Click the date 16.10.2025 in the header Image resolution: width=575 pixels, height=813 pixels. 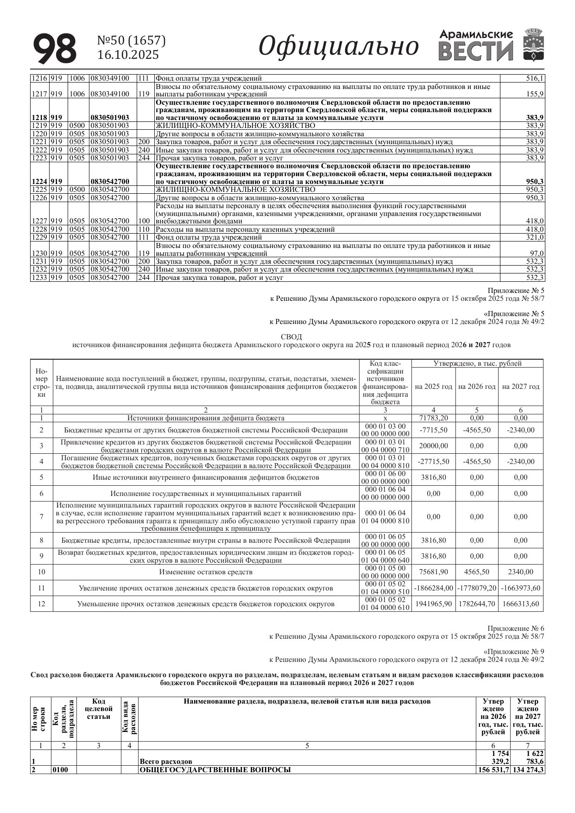(x=128, y=55)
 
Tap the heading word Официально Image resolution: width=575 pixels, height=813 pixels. (x=338, y=46)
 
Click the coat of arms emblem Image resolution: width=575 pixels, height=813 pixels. (x=534, y=45)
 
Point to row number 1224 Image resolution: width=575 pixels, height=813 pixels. (x=39, y=182)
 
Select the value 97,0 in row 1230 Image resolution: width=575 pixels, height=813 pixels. (x=537, y=254)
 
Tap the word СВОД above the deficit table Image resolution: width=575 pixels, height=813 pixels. (x=291, y=337)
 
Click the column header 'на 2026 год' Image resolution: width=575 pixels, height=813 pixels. (x=477, y=387)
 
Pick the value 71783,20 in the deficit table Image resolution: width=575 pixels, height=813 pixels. (x=433, y=418)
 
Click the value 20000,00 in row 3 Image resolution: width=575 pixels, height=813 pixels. (x=433, y=446)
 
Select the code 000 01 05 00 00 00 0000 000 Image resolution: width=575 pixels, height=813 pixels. (x=385, y=572)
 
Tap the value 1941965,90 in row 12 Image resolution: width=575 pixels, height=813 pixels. (x=433, y=604)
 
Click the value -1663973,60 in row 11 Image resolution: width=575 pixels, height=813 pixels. (x=520, y=588)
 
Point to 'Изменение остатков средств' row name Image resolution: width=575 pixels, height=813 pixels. (x=206, y=572)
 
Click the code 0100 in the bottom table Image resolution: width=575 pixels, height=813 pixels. (x=60, y=770)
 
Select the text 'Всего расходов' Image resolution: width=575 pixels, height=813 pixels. (x=166, y=762)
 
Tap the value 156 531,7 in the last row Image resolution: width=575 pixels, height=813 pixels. (x=493, y=770)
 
